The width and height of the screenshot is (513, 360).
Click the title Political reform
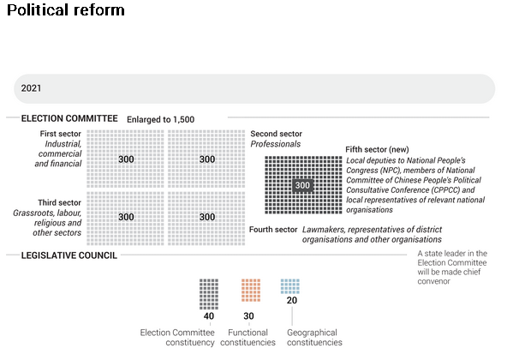(x=66, y=9)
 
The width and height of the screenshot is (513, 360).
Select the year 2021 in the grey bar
(x=31, y=88)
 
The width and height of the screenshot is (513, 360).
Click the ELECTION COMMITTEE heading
(x=69, y=118)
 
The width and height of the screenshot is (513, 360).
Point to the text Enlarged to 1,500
(x=161, y=119)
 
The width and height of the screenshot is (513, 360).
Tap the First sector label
(x=61, y=134)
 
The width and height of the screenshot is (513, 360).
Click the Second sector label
(x=276, y=134)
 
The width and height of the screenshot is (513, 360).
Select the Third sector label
(x=60, y=202)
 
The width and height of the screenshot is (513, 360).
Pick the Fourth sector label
(x=273, y=230)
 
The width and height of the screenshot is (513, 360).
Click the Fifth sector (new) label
(x=377, y=149)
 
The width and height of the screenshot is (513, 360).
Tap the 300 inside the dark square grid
(x=302, y=185)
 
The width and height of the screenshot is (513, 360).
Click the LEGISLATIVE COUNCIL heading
(x=69, y=255)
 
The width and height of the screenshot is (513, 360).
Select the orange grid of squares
(x=251, y=291)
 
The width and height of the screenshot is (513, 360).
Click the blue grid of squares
(x=289, y=286)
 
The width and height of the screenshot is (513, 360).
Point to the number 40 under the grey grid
(x=209, y=315)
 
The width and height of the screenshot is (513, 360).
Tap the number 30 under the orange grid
(x=248, y=315)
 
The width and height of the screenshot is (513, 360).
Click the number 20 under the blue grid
(x=292, y=300)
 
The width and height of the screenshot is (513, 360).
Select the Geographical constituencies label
(x=314, y=338)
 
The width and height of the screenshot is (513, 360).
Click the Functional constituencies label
(x=248, y=338)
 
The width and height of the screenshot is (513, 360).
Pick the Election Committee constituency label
(x=177, y=338)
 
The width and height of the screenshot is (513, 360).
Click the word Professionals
(x=276, y=144)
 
